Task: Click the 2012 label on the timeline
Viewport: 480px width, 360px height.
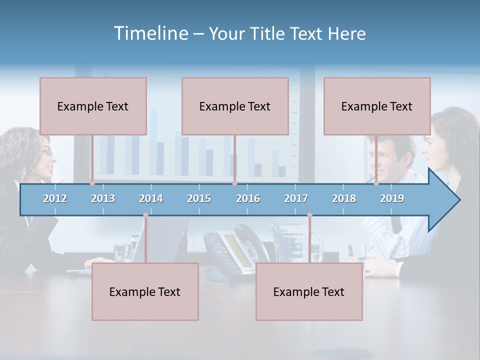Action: [55, 198]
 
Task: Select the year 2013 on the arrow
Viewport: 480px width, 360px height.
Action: [103, 198]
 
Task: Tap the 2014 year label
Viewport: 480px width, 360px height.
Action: [151, 198]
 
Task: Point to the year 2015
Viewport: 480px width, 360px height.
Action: [199, 198]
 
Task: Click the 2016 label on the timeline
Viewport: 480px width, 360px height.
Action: [248, 198]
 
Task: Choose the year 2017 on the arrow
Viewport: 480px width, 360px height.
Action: [296, 198]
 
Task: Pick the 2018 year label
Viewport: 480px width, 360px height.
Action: [344, 198]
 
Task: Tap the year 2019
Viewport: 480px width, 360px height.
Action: [392, 198]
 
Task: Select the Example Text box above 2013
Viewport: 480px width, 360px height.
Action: [93, 106]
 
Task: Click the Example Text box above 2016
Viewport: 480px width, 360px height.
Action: [235, 106]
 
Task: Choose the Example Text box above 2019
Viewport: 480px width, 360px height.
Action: [377, 106]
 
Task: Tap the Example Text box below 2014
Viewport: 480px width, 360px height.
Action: [145, 291]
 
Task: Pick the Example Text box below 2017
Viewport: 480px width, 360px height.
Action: [309, 291]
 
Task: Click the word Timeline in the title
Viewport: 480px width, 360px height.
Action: [150, 33]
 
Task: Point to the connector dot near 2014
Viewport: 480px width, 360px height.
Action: [145, 215]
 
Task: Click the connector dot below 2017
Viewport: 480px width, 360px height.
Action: [309, 215]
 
